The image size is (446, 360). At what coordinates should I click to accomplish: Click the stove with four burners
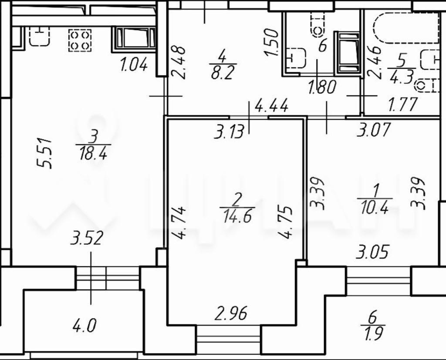[x=80, y=40]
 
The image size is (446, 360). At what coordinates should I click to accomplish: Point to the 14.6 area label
[x=237, y=218]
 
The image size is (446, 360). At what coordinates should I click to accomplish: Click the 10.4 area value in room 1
[x=375, y=209]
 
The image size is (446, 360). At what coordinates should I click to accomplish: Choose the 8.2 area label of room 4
[x=223, y=74]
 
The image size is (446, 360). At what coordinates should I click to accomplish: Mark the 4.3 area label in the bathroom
[x=402, y=77]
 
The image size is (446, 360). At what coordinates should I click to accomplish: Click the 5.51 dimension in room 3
[x=45, y=154]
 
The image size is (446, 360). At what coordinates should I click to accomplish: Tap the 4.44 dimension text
[x=271, y=105]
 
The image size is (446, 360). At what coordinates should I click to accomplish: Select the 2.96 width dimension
[x=231, y=313]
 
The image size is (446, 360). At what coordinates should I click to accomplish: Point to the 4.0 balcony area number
[x=84, y=326]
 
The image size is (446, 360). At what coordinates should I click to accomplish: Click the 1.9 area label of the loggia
[x=373, y=333]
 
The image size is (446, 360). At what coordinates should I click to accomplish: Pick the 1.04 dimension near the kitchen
[x=134, y=64]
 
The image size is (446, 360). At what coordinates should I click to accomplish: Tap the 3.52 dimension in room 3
[x=87, y=238]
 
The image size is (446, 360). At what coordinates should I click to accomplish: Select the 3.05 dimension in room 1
[x=372, y=252]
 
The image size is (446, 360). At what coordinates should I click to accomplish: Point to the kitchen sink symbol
[x=40, y=37]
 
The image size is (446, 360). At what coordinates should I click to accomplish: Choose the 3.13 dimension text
[x=229, y=132]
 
